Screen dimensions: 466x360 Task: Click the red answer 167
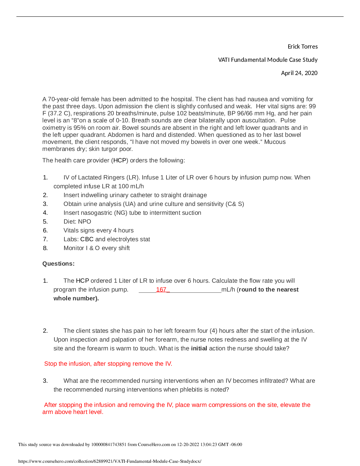tap(161, 290)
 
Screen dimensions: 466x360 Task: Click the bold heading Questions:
tap(59, 264)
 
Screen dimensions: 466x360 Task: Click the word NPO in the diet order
tap(85, 222)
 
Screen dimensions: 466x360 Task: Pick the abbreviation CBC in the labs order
tap(87, 239)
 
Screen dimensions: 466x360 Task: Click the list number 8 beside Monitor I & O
tap(45, 248)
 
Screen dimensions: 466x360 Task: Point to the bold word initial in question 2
tap(199, 349)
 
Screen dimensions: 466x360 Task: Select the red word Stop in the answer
tap(51, 364)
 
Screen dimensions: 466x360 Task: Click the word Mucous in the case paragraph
tap(275, 142)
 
